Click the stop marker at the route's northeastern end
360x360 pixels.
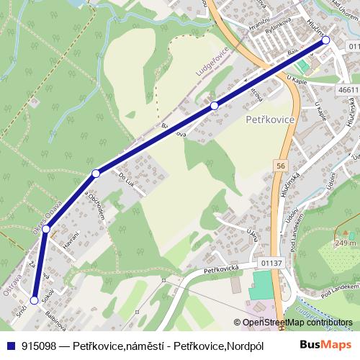tap(325, 40)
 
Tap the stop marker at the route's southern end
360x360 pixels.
tap(34, 300)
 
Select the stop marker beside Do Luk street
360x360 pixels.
tap(96, 173)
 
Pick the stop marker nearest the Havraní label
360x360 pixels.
tap(45, 229)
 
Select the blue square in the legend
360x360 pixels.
tap(9, 346)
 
